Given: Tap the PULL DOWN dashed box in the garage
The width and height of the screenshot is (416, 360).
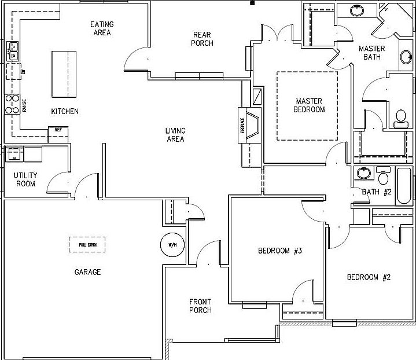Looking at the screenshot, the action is coord(88,244).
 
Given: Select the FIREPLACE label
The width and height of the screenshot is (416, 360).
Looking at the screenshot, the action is coord(242,126).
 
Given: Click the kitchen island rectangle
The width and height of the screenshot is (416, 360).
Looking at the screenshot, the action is coord(64,75).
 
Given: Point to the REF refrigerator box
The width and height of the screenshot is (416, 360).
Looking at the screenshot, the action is coord(58,130).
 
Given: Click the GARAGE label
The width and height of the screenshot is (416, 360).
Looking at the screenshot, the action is coord(88,272).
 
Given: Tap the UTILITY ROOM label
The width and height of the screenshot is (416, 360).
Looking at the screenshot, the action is coord(25,179).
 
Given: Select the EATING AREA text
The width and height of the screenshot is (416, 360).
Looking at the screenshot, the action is coord(102,28).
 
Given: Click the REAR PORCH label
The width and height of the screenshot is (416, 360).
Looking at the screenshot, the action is coord(203,39).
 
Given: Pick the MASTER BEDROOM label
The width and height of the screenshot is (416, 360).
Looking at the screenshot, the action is coord(310,105).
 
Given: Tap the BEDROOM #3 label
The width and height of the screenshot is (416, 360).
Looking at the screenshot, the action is coord(280,251).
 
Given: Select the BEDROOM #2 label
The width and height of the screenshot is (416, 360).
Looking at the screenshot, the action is coord(369,277).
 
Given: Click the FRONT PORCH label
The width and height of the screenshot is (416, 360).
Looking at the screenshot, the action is coord(200,306).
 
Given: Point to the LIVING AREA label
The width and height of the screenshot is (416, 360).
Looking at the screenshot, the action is coord(175,135).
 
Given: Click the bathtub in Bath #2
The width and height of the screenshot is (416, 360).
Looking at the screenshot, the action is coord(404,185).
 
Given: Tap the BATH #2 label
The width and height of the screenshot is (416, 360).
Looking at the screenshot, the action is coord(377,192).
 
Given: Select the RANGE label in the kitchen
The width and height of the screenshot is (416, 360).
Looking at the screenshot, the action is coord(24,105).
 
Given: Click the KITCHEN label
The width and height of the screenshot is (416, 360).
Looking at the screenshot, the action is coord(64,111).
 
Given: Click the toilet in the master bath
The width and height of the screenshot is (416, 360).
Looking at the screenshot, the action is coord(400,119).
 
